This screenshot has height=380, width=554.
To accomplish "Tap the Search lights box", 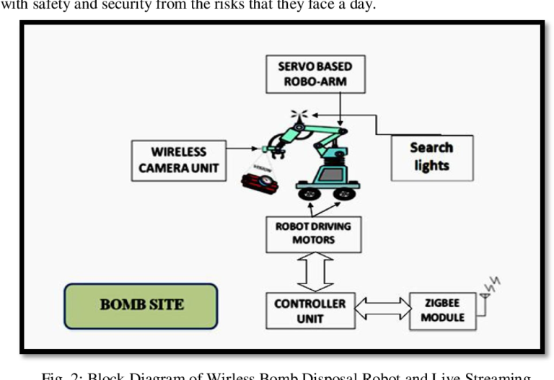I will (431, 157).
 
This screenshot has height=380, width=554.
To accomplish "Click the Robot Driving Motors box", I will (312, 232).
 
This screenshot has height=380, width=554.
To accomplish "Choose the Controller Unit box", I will (310, 311).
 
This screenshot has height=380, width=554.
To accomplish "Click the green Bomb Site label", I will (141, 306).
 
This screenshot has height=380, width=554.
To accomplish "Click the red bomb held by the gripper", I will (259, 177).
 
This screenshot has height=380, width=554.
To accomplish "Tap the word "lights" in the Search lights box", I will (431, 166).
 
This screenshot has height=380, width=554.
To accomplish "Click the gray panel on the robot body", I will (332, 175).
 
